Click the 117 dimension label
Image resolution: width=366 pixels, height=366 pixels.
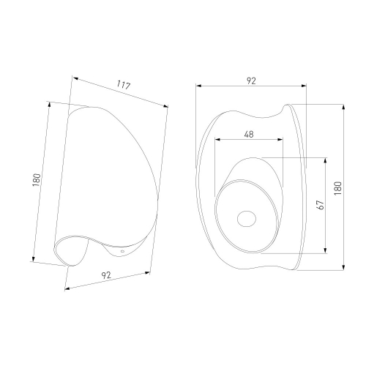[123, 85]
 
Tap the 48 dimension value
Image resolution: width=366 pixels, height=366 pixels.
[249, 134]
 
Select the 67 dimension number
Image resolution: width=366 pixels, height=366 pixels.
[321, 205]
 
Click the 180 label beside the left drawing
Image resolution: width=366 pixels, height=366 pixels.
[36, 180]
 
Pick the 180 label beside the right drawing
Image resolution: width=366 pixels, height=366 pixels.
[338, 188]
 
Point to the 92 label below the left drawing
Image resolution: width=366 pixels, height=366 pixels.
[106, 275]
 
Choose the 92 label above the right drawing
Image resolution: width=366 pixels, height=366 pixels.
[251, 81]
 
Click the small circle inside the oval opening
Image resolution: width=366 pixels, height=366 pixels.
[247, 218]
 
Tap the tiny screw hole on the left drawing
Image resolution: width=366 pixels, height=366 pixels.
[122, 251]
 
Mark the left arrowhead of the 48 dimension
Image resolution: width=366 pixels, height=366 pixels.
[217, 139]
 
